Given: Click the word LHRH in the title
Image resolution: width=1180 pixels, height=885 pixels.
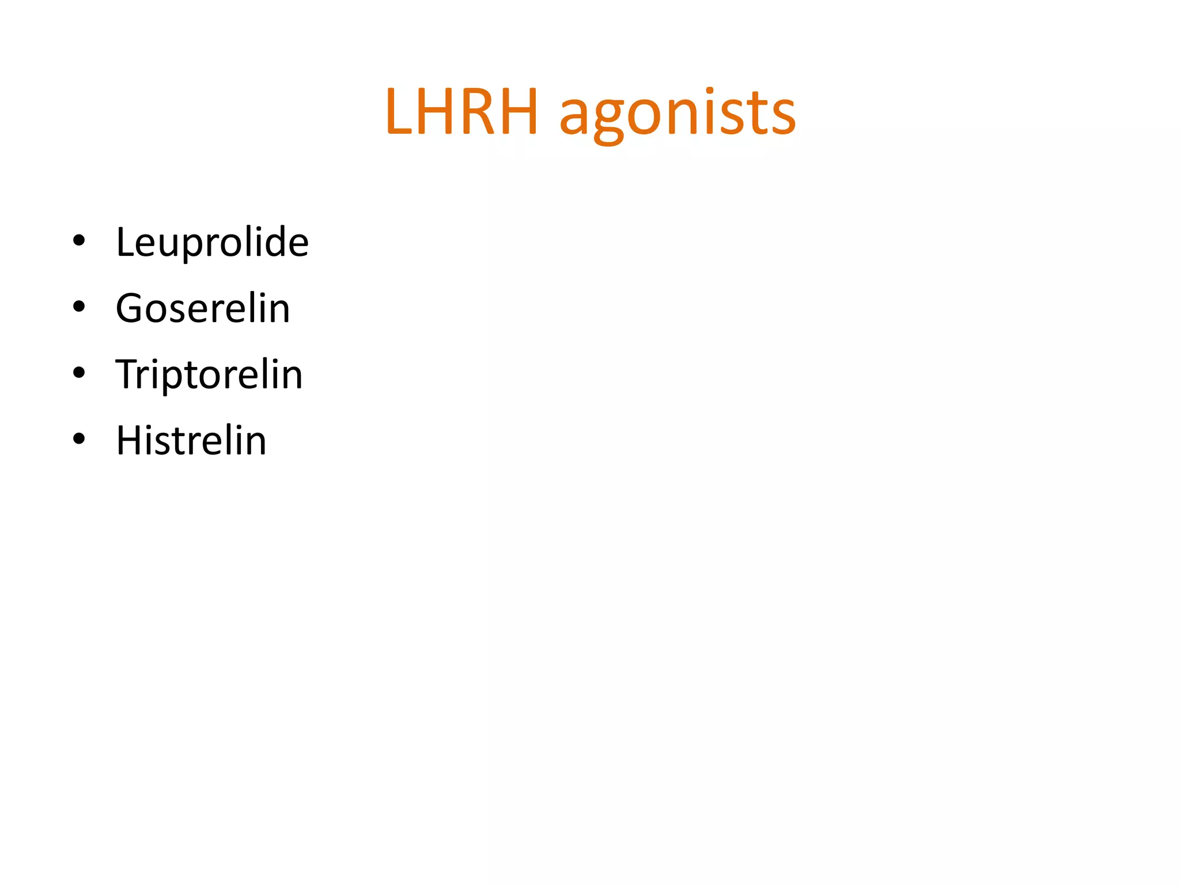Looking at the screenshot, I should [x=462, y=112].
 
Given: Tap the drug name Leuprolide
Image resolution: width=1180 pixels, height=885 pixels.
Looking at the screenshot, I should [x=212, y=242].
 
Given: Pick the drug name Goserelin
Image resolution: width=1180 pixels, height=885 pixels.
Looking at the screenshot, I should [x=203, y=308].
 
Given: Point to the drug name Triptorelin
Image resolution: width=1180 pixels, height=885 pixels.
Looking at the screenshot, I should [x=209, y=375].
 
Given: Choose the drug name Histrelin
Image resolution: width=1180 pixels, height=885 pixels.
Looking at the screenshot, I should [x=191, y=441].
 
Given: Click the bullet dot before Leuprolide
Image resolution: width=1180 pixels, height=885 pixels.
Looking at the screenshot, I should [x=79, y=241].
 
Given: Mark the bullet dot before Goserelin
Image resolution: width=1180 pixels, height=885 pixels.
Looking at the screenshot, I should [x=79, y=307].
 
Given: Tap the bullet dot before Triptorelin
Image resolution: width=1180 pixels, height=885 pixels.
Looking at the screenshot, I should [x=79, y=373].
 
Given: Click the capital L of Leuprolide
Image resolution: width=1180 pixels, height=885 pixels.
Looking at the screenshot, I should [x=125, y=242].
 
